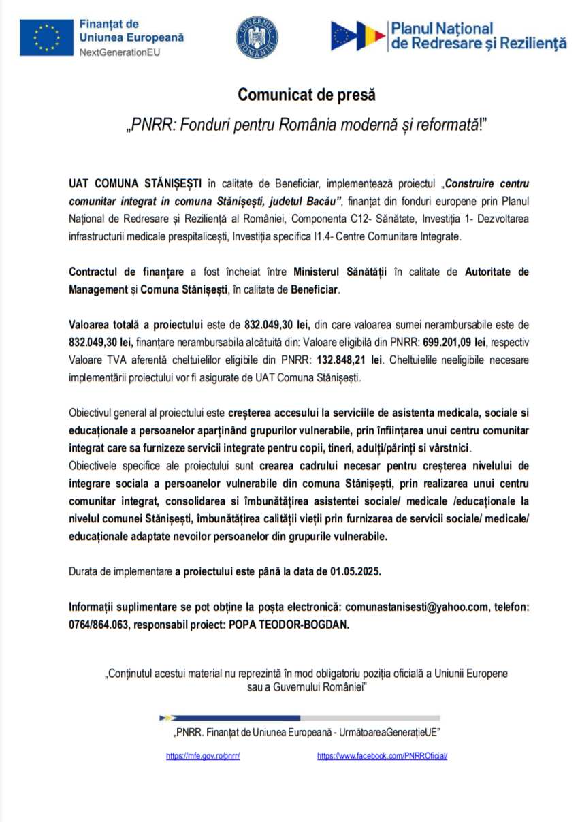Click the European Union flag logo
(46, 37)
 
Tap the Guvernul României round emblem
(257, 37)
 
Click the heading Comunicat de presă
(306, 95)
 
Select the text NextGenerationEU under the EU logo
(120, 52)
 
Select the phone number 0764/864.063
(99, 625)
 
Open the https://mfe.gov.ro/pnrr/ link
(203, 756)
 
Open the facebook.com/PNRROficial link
(382, 756)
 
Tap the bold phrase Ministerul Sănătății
(340, 272)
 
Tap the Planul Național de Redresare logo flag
(357, 35)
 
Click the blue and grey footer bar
(300, 717)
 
